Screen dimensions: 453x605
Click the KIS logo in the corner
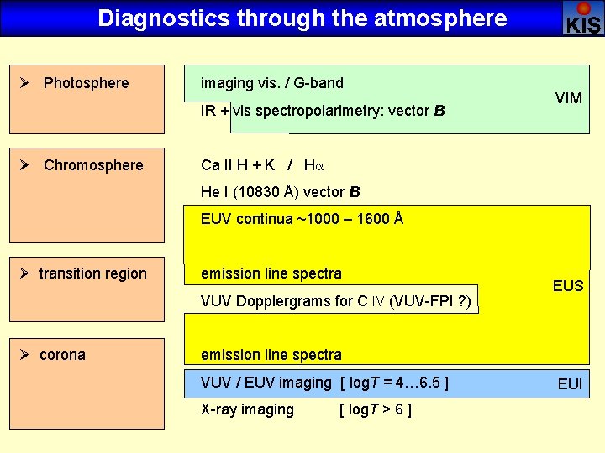(x=583, y=18)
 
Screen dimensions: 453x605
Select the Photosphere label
(x=86, y=83)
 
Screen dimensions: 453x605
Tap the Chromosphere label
(x=93, y=165)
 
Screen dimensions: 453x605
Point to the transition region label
(x=92, y=273)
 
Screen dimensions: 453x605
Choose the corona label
(x=62, y=355)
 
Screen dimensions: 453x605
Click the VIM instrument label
(x=569, y=99)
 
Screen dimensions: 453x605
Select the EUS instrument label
(x=568, y=286)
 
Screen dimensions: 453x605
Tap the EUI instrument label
(x=571, y=385)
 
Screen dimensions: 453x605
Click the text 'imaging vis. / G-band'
(x=271, y=83)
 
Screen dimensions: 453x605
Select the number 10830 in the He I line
(x=259, y=192)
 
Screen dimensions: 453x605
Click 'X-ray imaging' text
(x=247, y=409)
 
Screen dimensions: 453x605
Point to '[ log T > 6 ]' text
(x=375, y=409)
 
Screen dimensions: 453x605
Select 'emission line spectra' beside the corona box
(x=271, y=355)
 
